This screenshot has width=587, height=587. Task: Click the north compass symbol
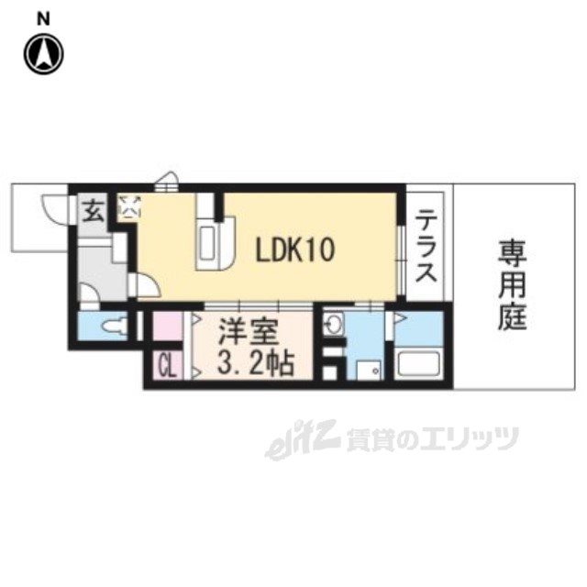point(42,52)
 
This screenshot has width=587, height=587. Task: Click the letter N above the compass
point(42,17)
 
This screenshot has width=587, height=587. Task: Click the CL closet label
point(168,367)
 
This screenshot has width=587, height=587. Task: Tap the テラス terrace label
point(425,247)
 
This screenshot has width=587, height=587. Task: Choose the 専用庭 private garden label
point(512,283)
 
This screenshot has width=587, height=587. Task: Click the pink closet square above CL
point(168,326)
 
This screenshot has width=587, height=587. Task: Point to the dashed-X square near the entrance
point(130,206)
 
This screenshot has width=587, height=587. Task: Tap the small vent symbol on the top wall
point(165,183)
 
